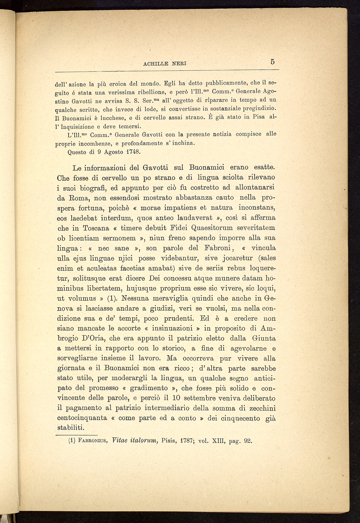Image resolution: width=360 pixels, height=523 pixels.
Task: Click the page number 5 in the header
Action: pos(272,62)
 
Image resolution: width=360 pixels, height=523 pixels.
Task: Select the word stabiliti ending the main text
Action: pos(70,428)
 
